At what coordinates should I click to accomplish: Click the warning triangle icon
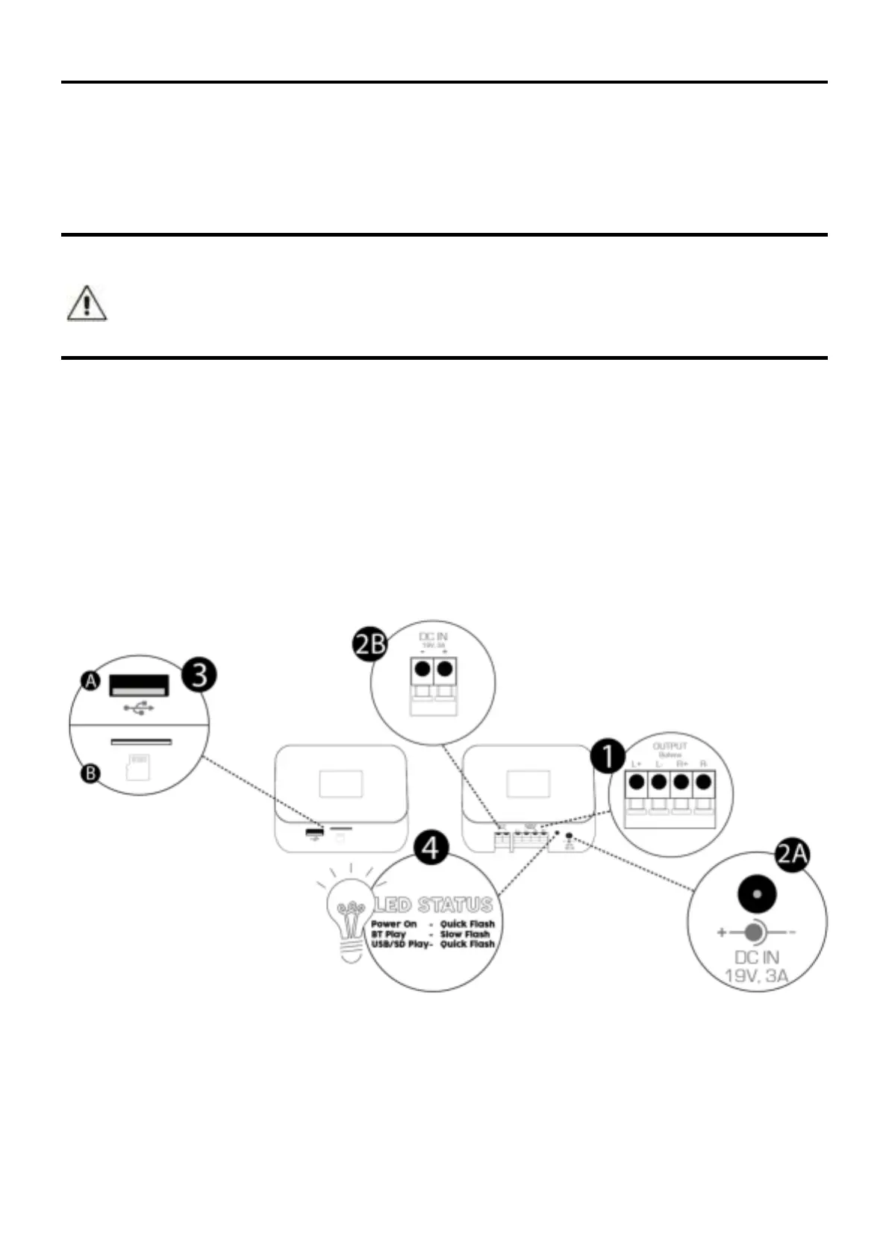[x=87, y=303]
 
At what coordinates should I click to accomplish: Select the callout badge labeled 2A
[x=792, y=854]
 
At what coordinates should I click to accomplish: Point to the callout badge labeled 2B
[x=370, y=644]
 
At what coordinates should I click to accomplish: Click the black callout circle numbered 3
[x=199, y=675]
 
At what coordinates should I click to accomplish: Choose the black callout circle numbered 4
[x=431, y=847]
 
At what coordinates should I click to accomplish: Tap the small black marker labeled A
[x=90, y=681]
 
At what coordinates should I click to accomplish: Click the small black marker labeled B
[x=90, y=773]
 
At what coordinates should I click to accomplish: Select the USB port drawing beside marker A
[x=140, y=684]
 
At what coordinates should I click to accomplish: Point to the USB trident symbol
[x=139, y=706]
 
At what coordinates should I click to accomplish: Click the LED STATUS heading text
[x=434, y=905]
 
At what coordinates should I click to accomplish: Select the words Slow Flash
[x=465, y=934]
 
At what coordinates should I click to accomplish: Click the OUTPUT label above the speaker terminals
[x=670, y=746]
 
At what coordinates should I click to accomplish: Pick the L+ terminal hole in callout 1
[x=637, y=782]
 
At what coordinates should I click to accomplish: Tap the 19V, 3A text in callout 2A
[x=756, y=975]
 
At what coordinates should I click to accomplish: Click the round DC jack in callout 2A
[x=756, y=894]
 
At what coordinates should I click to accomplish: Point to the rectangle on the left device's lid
[x=341, y=784]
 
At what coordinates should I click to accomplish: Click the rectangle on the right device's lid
[x=528, y=784]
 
